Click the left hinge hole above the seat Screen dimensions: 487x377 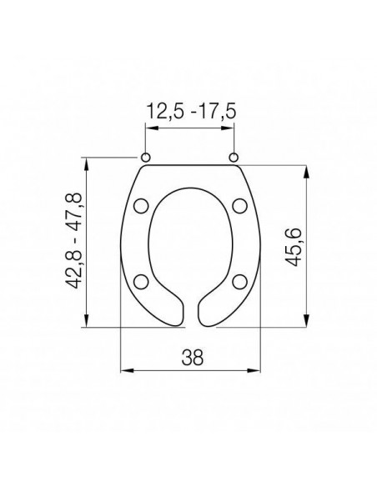point(145,157)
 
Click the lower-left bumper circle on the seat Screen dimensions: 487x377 point(141,280)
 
